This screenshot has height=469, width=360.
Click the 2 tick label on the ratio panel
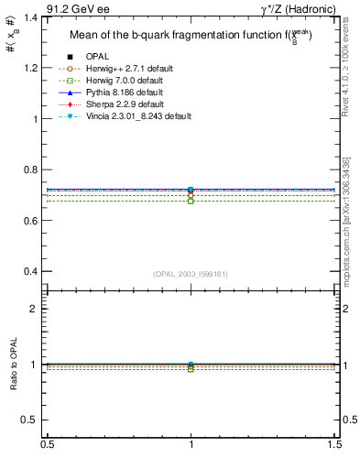[x=37, y=309]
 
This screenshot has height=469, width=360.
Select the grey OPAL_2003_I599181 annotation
[x=191, y=273]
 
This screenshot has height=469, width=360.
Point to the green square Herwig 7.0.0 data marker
[x=191, y=201]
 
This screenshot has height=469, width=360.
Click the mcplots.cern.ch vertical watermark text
[x=353, y=229]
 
